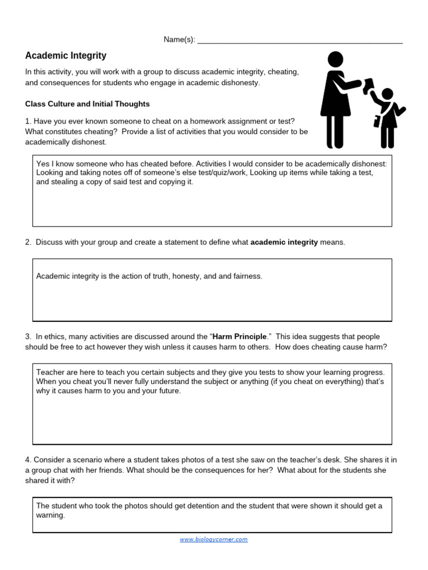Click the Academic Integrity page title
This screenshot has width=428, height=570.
pyautogui.click(x=66, y=56)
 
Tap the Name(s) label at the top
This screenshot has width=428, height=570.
pyautogui.click(x=179, y=40)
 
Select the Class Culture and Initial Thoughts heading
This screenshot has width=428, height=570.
pyautogui.click(x=87, y=104)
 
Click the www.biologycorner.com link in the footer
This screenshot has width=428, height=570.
pyautogui.click(x=213, y=539)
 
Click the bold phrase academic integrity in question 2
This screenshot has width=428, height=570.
pyautogui.click(x=284, y=242)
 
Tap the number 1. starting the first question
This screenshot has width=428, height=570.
pyautogui.click(x=28, y=121)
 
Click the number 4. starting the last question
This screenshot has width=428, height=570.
pyautogui.click(x=28, y=460)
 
